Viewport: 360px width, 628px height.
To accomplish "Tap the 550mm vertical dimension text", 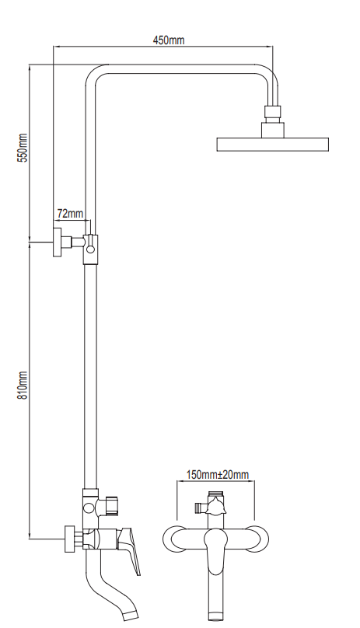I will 23,148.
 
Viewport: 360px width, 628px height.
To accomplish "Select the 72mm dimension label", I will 69,213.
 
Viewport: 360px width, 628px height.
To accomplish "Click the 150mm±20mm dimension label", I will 218,474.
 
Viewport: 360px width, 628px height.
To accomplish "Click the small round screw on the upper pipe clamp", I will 90,249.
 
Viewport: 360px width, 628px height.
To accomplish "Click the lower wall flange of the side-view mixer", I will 68,538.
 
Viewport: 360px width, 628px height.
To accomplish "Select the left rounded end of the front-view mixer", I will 172,538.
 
